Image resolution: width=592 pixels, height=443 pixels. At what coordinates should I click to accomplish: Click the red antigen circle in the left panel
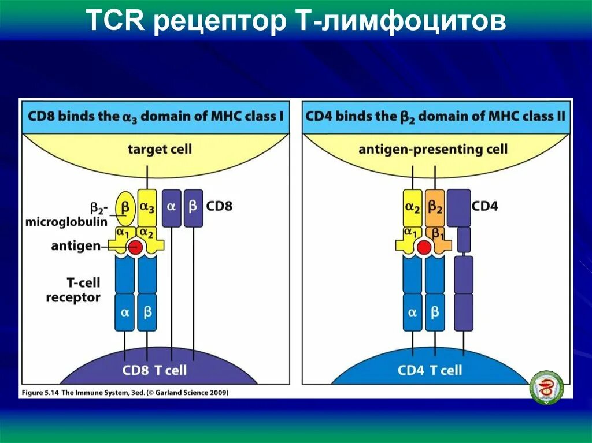[x=135, y=247]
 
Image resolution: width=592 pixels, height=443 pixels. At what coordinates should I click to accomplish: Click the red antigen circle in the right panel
[x=424, y=247]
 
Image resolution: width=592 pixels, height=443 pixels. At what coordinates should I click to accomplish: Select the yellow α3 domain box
[x=147, y=207]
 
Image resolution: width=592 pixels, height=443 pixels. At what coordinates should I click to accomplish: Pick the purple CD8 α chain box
[x=171, y=207]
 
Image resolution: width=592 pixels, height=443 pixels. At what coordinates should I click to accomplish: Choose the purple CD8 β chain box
[x=194, y=207]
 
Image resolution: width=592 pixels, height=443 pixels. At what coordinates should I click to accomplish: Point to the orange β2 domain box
[x=435, y=207]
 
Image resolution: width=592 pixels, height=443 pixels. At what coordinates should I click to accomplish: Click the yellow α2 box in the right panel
[x=412, y=207]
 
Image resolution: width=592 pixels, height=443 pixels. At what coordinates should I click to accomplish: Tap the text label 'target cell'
[x=160, y=149]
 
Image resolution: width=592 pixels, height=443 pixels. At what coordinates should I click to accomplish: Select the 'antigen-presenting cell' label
[x=432, y=149]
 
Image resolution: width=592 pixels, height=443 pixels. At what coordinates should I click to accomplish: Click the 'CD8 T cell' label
[x=154, y=370]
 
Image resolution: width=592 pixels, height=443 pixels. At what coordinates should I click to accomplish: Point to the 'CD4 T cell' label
[x=430, y=370]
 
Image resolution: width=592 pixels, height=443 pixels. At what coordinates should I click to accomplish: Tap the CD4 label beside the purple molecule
[x=484, y=206]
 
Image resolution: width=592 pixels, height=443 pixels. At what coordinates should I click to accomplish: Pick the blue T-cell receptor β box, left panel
[x=147, y=312]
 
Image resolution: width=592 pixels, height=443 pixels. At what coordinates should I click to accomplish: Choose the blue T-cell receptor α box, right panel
[x=412, y=312]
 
